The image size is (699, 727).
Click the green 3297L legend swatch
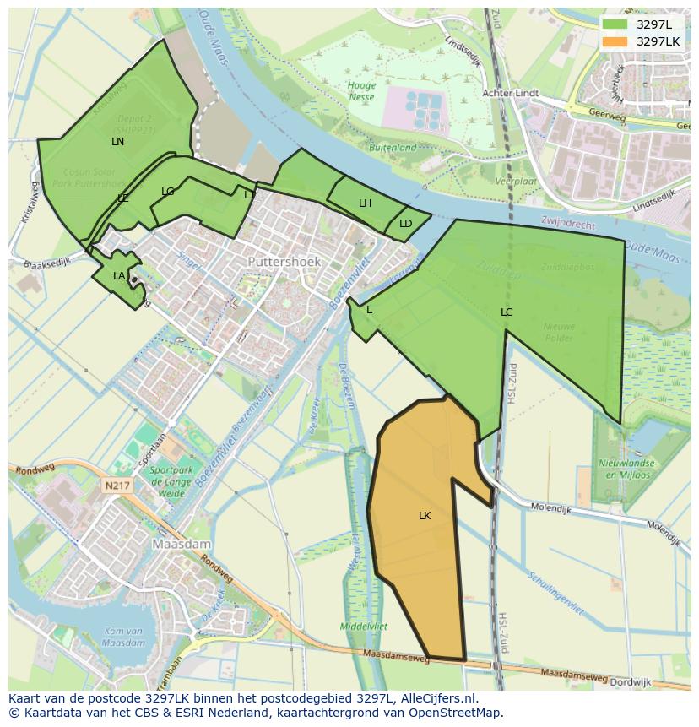pos(616,24)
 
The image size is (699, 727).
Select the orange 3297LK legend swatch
pos(616,41)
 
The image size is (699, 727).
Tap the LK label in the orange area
pos(425,515)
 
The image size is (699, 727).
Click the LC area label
pos(507,312)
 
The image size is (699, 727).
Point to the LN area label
pos(117,142)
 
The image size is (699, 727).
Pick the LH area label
pos(365,203)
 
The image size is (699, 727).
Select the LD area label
pos(405,224)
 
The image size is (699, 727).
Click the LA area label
pos(119,276)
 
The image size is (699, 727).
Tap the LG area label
pos(167,192)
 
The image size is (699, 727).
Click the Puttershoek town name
pos(284,263)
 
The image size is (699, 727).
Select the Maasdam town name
pos(181,545)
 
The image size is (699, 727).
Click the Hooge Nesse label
pos(361,91)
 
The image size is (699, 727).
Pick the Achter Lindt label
pos(511,93)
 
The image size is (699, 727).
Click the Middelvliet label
pos(363,627)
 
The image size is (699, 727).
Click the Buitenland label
pos(393,147)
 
